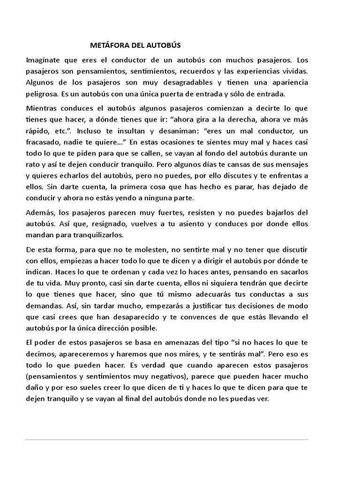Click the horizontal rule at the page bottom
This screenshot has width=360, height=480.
tap(167, 439)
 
